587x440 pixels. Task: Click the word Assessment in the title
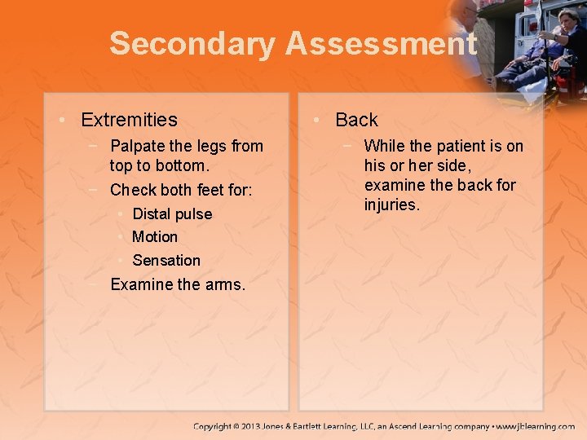pos(380,44)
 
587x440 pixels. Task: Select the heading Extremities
pos(129,120)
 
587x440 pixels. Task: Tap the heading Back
pos(356,120)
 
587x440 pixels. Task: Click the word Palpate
pos(135,147)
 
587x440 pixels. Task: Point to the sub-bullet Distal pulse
pos(171,214)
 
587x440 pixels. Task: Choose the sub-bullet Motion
pos(154,237)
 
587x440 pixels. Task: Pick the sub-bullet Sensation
pos(166,261)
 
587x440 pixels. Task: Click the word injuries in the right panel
pos(391,205)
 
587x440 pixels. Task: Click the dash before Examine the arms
pos(95,284)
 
